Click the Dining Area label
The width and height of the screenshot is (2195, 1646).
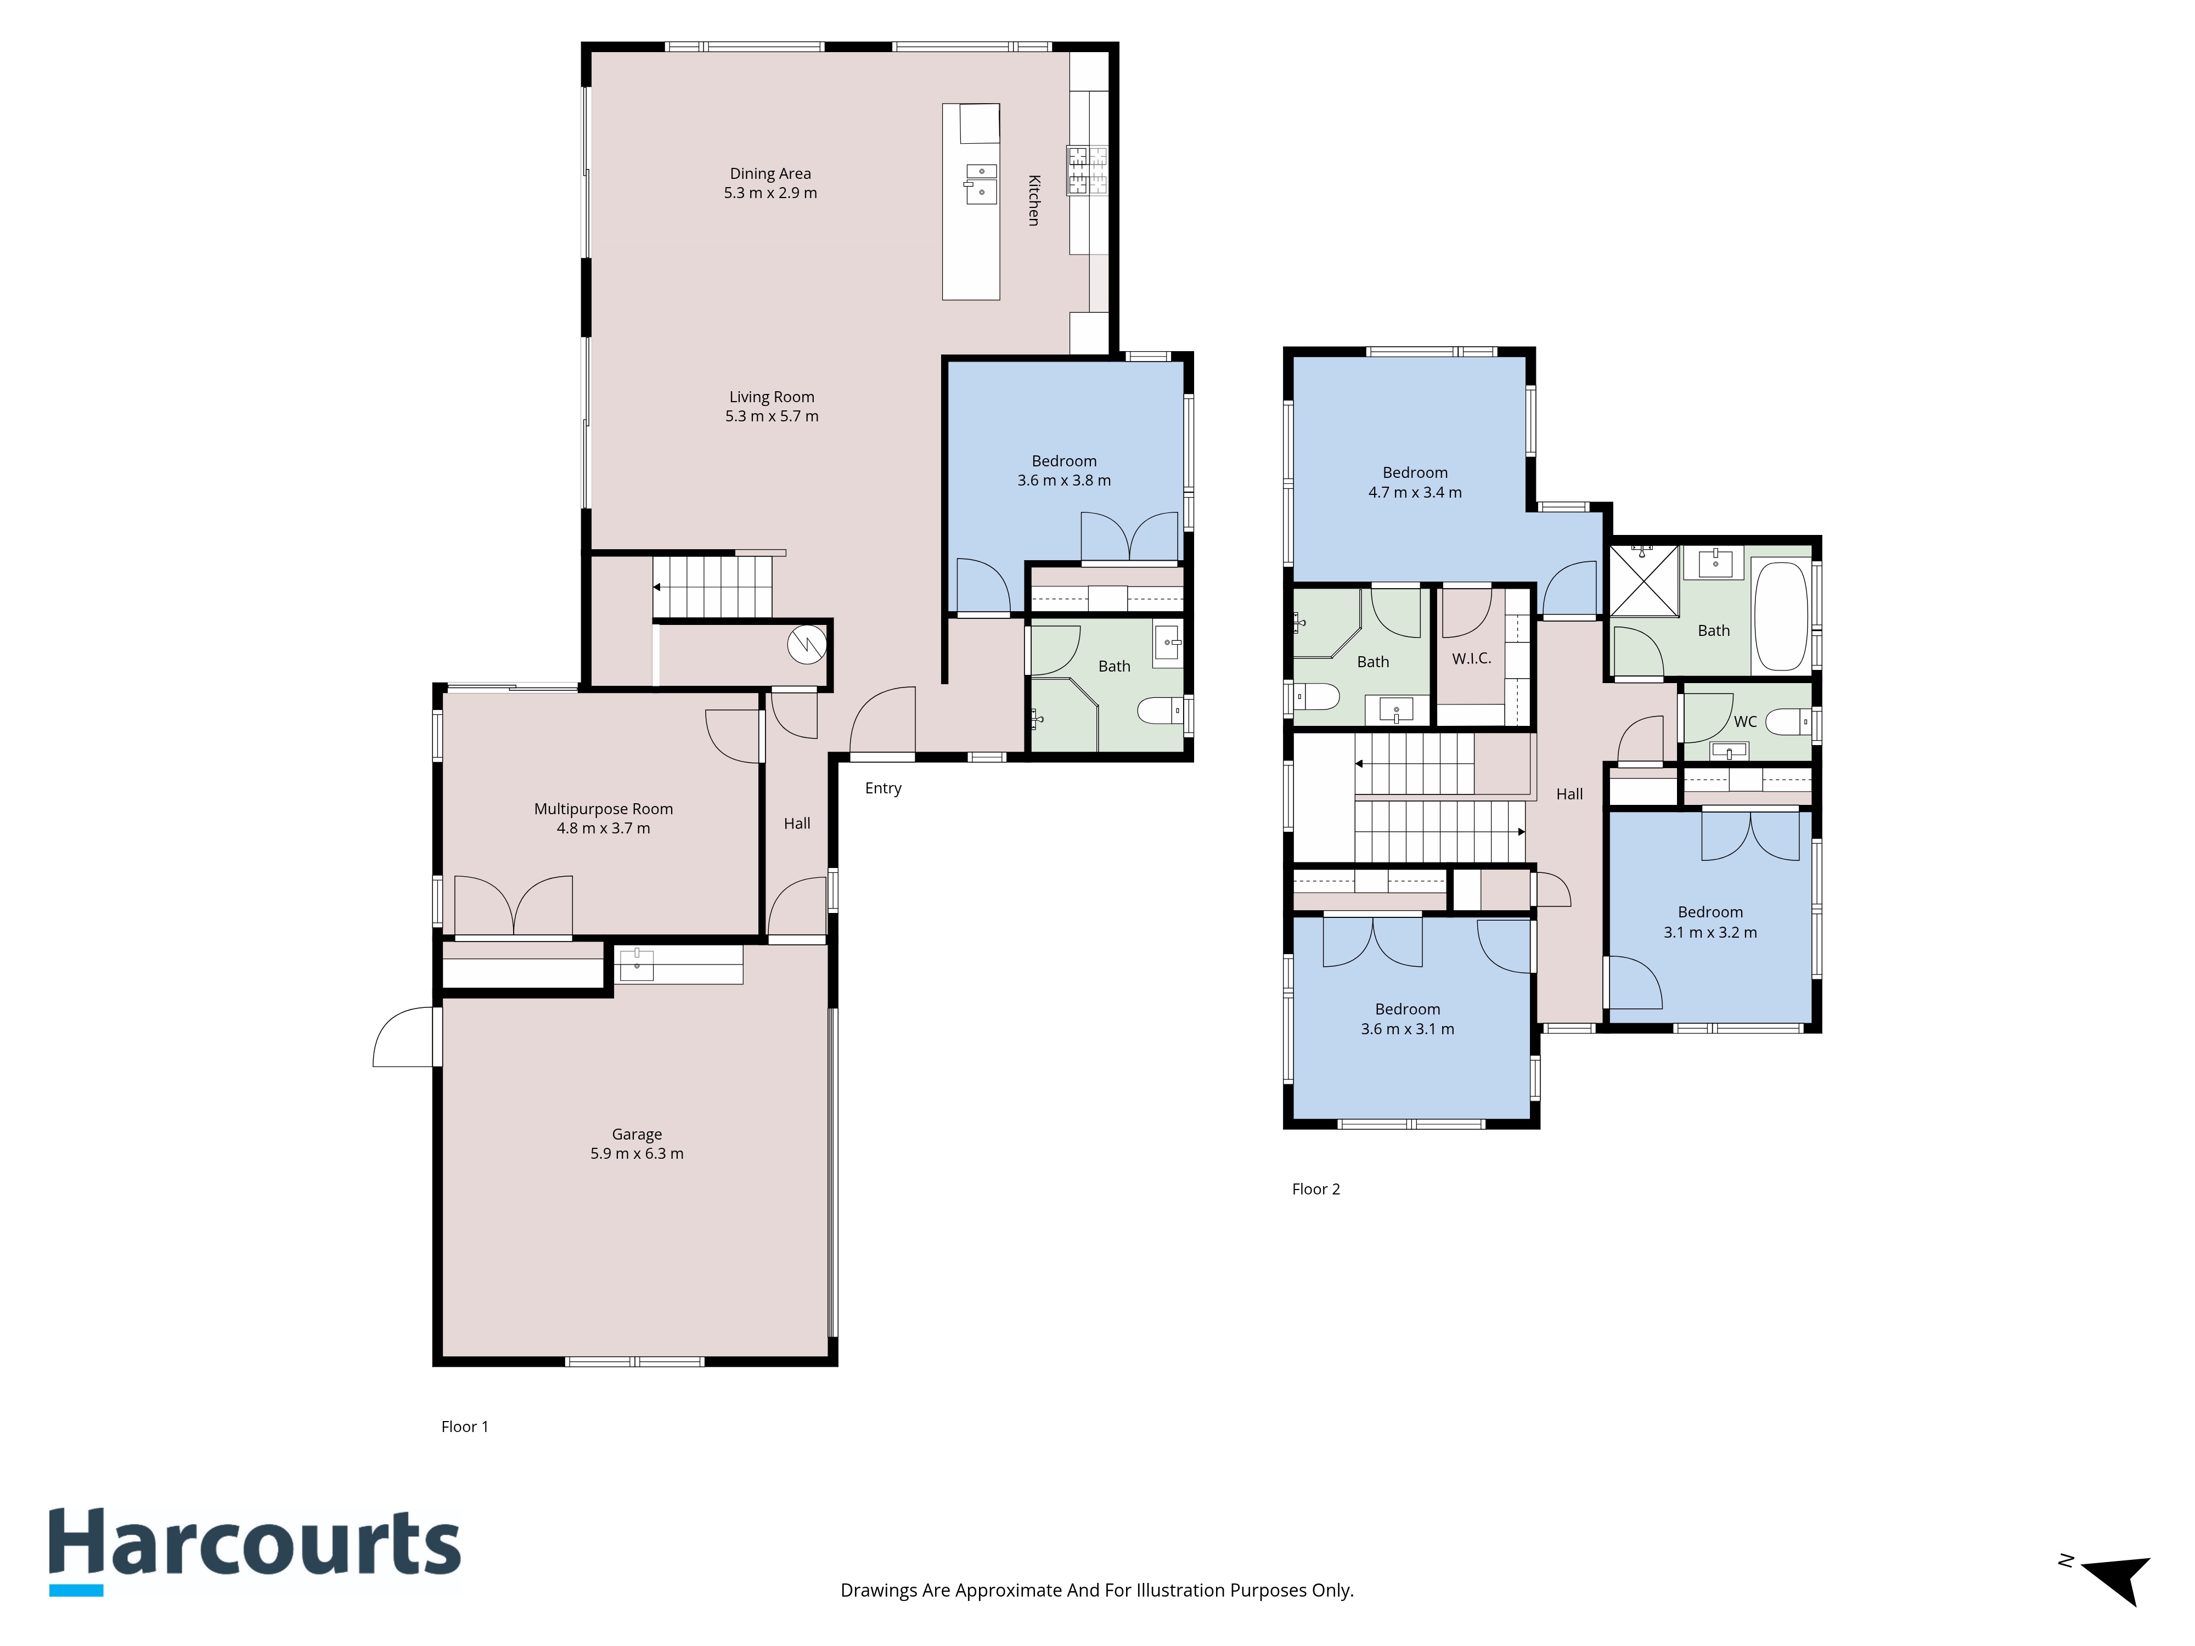coord(770,173)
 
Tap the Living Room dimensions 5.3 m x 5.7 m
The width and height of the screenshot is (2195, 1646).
coord(772,416)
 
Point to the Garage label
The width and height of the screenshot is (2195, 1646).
coord(637,1134)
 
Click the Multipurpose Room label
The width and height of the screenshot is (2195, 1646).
coord(603,809)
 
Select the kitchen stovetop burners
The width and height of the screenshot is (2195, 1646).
coord(1087,170)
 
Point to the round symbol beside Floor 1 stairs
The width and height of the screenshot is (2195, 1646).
coord(807,645)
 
